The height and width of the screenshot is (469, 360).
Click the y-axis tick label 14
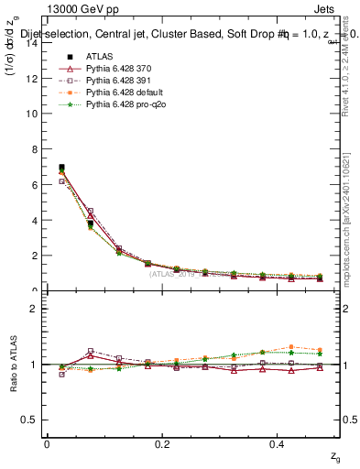tap(30, 42)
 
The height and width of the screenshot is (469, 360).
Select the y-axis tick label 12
tap(30, 78)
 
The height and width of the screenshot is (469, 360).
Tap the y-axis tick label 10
tap(30, 114)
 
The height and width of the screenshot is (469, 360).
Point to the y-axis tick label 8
tap(33, 149)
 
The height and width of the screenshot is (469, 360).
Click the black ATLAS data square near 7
tap(61, 168)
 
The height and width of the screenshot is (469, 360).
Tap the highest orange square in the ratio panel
tap(290, 347)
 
